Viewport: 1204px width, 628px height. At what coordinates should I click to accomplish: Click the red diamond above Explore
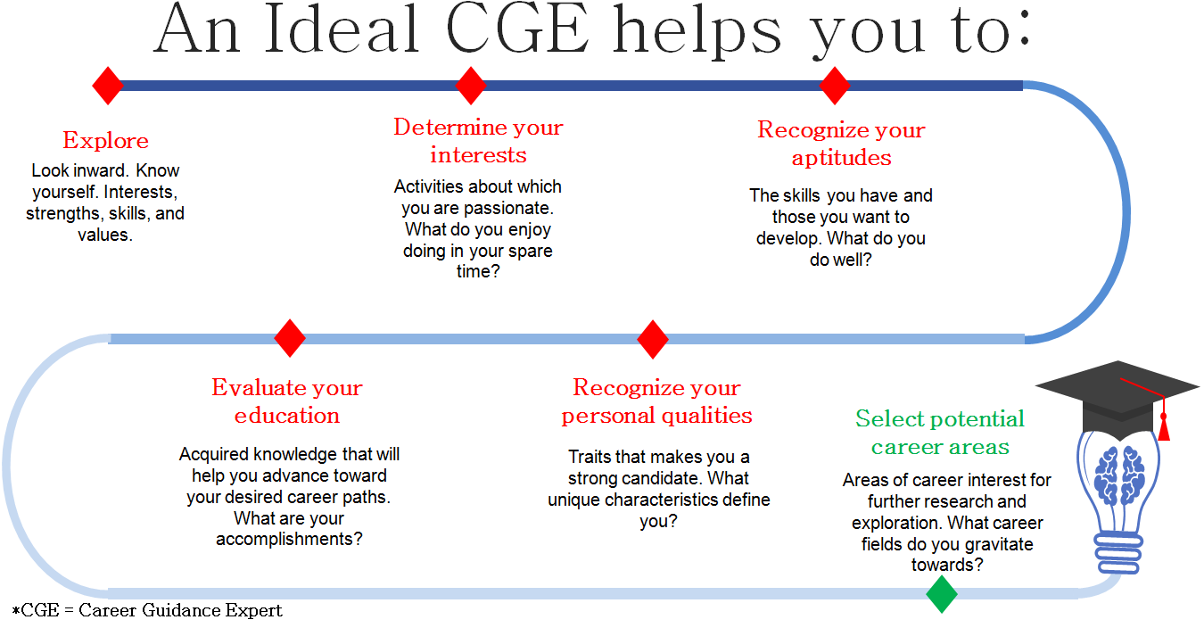tap(108, 86)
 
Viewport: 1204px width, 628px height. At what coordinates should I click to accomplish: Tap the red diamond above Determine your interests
tap(471, 86)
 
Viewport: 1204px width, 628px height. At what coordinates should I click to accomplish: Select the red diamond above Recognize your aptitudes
tap(835, 86)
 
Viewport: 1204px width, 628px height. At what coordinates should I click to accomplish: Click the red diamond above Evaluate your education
tap(290, 338)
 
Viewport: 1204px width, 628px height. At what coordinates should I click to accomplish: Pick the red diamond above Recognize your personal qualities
tap(653, 339)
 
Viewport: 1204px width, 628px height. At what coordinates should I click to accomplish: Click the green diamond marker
tap(942, 594)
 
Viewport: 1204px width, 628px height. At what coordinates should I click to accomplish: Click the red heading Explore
tap(105, 140)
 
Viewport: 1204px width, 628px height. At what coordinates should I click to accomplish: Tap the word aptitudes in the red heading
tap(841, 158)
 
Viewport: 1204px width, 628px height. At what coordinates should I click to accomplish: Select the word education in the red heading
tap(287, 416)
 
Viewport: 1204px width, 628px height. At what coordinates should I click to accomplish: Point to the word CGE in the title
tap(517, 29)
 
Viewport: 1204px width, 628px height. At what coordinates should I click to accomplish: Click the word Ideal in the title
tap(342, 29)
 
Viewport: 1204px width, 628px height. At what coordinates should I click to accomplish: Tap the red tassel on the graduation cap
tap(1164, 427)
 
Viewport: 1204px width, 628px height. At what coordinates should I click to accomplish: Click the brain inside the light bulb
tap(1119, 475)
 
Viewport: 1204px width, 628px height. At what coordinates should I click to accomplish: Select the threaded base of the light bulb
tap(1119, 554)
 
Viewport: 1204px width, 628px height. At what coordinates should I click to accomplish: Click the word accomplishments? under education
tap(289, 540)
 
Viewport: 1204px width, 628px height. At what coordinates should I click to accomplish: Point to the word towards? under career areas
tap(947, 565)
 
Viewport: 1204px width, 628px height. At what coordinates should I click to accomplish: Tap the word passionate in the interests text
tap(508, 208)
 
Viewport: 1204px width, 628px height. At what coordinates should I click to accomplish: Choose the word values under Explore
tap(105, 235)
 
